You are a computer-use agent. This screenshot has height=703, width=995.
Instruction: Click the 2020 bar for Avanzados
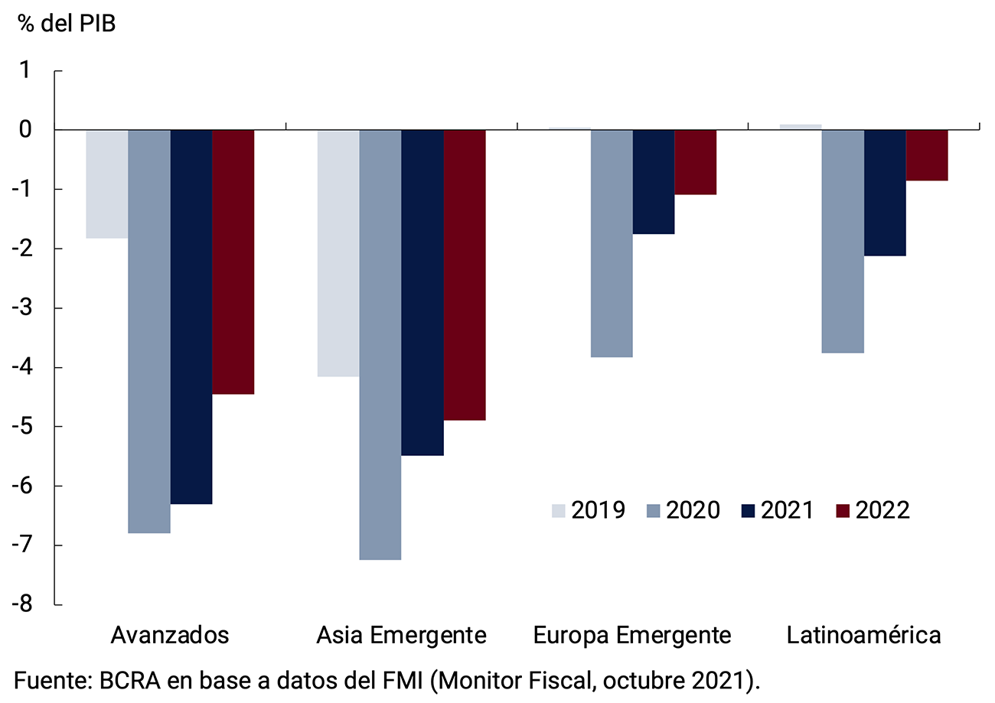click(149, 331)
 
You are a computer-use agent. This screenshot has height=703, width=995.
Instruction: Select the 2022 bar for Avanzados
click(233, 262)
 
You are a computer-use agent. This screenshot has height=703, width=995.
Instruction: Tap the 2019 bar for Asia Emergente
click(338, 253)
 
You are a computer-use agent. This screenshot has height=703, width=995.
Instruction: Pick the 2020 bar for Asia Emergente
click(380, 345)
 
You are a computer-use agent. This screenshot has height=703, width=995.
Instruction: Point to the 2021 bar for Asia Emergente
click(422, 292)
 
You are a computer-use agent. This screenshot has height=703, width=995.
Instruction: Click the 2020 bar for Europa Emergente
click(612, 243)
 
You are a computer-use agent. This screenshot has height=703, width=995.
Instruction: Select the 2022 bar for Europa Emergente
click(696, 162)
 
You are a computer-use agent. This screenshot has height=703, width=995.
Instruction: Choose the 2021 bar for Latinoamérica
click(885, 193)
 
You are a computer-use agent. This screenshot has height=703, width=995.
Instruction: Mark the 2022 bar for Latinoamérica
click(927, 155)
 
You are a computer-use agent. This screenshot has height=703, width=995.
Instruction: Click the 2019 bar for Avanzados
click(107, 184)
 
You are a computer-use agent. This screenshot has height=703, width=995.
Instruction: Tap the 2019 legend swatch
click(559, 510)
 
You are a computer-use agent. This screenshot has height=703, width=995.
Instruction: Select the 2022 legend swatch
click(842, 510)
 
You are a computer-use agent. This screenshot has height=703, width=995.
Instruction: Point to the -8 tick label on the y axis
click(28, 604)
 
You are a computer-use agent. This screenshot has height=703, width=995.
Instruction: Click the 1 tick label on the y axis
click(33, 71)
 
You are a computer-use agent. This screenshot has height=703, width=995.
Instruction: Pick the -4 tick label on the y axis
click(28, 367)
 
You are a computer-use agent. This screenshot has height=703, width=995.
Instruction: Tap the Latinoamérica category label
click(863, 635)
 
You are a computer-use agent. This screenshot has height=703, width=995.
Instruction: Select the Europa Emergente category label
click(632, 635)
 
